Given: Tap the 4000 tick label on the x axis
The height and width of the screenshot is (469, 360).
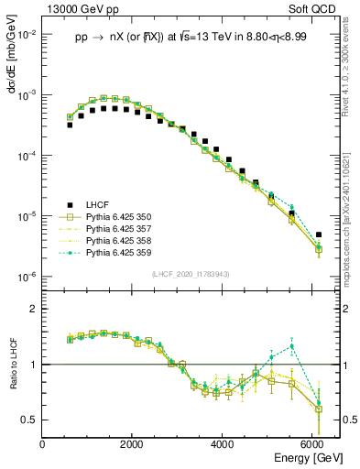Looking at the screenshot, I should point(223,444).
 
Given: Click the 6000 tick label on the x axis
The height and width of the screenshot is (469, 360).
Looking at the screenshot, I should point(313,444).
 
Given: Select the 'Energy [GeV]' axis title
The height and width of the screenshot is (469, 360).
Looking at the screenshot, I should point(300,458).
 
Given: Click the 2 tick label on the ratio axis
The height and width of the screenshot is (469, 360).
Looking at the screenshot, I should point(33,310).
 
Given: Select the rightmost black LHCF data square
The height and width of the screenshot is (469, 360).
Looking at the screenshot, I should point(318,234).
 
